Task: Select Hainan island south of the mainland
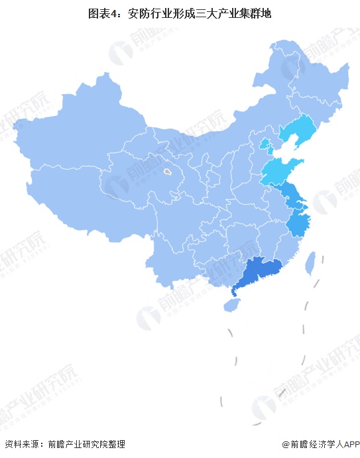230,306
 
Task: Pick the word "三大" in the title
205,13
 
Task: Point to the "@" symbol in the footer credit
286,445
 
